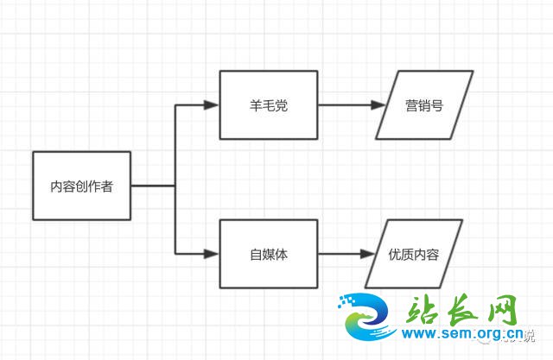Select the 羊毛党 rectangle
[269, 121]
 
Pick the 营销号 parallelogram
[424, 105]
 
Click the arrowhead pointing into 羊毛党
[212, 106]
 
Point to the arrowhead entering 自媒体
[212, 254]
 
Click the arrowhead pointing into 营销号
[378, 106]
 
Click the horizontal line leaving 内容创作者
[154, 185]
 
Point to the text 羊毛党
[269, 106]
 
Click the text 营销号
[424, 106]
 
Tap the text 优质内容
[414, 255]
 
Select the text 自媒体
[269, 255]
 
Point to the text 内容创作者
[82, 186]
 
